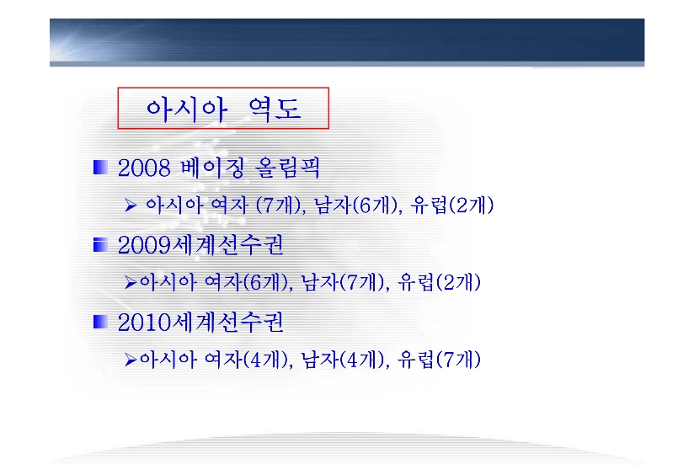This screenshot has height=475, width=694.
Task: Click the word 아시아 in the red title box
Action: (x=186, y=109)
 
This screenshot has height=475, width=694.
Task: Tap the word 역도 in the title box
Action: (x=275, y=109)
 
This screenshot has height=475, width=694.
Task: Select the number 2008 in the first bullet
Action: (x=144, y=168)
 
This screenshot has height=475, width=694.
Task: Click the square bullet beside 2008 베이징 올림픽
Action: (x=100, y=168)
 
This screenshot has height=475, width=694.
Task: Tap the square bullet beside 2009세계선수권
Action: (x=100, y=245)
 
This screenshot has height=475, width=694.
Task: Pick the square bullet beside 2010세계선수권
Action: (x=100, y=322)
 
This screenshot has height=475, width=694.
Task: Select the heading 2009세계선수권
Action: (x=200, y=245)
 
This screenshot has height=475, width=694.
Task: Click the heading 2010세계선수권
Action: (x=200, y=323)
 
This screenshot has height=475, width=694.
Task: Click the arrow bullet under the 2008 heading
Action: (x=131, y=205)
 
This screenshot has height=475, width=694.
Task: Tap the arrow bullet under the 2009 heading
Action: (x=131, y=282)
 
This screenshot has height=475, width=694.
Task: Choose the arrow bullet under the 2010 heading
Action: (x=131, y=360)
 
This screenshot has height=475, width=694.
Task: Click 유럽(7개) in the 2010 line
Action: (x=439, y=360)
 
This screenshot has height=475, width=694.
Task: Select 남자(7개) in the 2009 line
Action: (x=343, y=282)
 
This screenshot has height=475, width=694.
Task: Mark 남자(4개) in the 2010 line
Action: (x=343, y=360)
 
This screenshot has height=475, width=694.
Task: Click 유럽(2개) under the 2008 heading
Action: (x=452, y=205)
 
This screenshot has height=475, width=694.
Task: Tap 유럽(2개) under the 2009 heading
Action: (x=439, y=282)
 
